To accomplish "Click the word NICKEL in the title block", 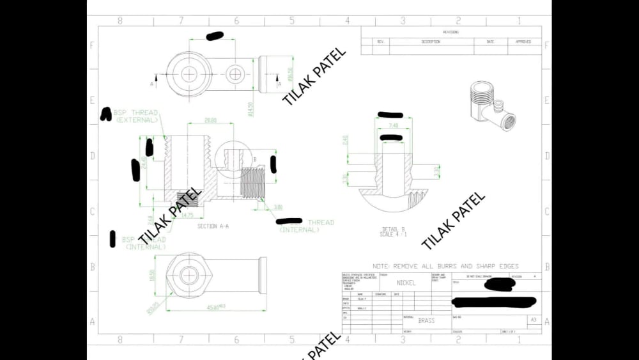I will click(406, 283).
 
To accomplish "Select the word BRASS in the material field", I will click(426, 320).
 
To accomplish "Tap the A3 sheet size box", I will click(532, 319).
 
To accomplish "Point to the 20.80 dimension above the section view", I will click(210, 120).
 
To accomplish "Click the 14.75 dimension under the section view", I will click(188, 215).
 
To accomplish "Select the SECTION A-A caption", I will click(213, 226).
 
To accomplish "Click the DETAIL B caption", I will click(394, 228).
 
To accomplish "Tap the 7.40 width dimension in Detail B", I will click(393, 126).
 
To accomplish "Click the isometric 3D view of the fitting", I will click(489, 105).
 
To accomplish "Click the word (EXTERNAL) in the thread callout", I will click(137, 120).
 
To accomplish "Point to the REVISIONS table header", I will click(450, 32).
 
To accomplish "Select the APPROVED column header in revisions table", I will click(523, 42).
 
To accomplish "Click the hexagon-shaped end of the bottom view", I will click(189, 275).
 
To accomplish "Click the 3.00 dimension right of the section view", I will click(278, 207).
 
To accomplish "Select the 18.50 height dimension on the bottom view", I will click(151, 274).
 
